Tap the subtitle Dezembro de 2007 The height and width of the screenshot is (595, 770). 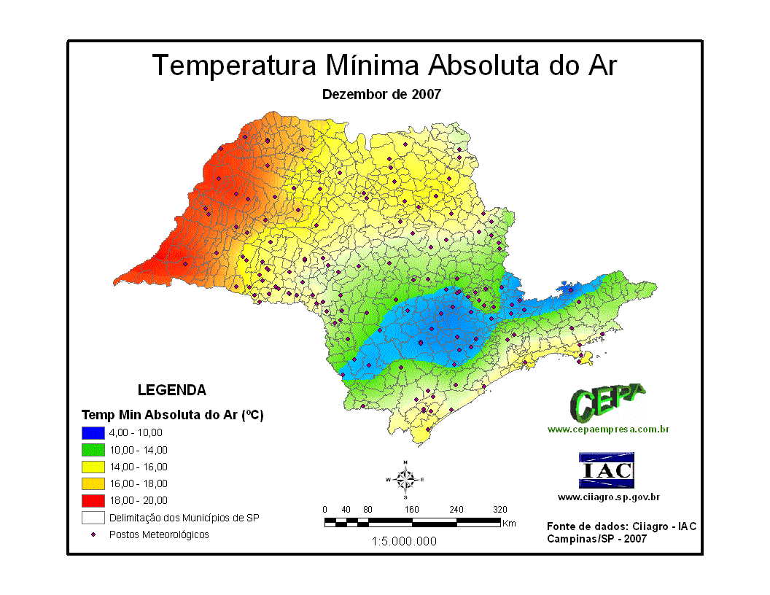coord(381,94)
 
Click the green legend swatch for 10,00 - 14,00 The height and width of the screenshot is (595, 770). coord(93,449)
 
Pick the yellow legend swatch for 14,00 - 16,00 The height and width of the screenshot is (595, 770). coord(93,466)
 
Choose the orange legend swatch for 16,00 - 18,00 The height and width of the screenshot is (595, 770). coord(93,483)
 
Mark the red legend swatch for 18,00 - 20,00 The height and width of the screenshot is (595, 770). coord(93,500)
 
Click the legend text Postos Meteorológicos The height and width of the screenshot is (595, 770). coord(159,534)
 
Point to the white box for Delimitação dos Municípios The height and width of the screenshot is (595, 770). coord(93,518)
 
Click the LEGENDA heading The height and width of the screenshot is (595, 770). coord(171,390)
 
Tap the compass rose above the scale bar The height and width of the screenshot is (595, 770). coord(405,479)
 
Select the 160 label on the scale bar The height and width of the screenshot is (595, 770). coord(412,509)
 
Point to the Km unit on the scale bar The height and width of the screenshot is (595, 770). coord(509,523)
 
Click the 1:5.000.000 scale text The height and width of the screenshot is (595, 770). coord(404,541)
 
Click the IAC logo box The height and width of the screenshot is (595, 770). coord(606,470)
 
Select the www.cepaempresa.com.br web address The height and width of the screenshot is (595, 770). coord(608,429)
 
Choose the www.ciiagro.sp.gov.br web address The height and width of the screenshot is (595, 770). coord(609,497)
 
